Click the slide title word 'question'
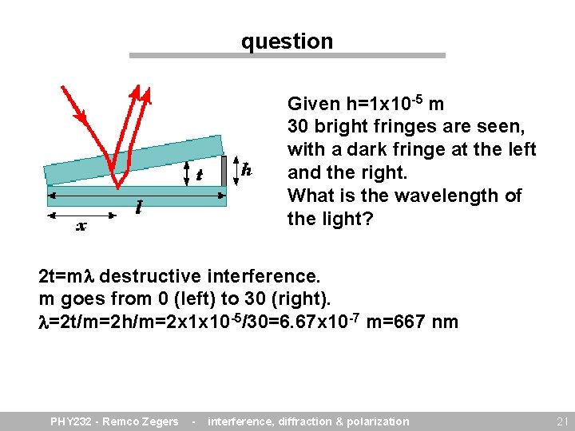click(x=287, y=42)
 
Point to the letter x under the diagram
click(x=81, y=226)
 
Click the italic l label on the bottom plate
click(x=139, y=208)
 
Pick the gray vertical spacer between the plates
click(x=224, y=169)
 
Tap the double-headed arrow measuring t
click(x=186, y=172)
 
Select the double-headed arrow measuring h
click(x=236, y=169)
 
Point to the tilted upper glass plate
click(x=132, y=160)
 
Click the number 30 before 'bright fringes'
click(x=298, y=126)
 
